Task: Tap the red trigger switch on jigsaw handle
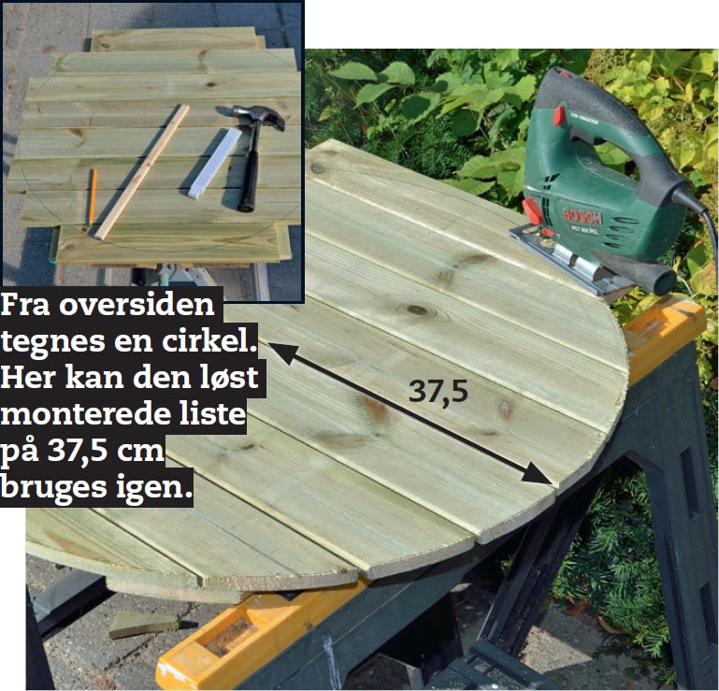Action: click(559, 115)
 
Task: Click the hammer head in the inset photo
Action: click(259, 117)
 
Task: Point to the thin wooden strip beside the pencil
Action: click(142, 172)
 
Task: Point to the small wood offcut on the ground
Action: click(143, 624)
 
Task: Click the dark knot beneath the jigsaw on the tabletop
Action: click(417, 310)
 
